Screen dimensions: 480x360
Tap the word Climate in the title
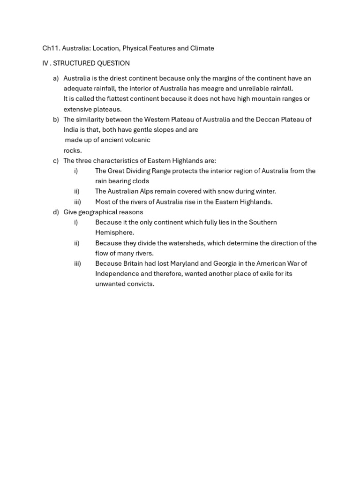[x=202, y=48]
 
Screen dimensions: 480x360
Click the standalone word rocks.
[x=73, y=150]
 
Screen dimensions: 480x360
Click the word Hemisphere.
[x=114, y=232]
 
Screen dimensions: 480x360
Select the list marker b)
[x=56, y=120]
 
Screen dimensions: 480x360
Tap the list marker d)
[x=56, y=212]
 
